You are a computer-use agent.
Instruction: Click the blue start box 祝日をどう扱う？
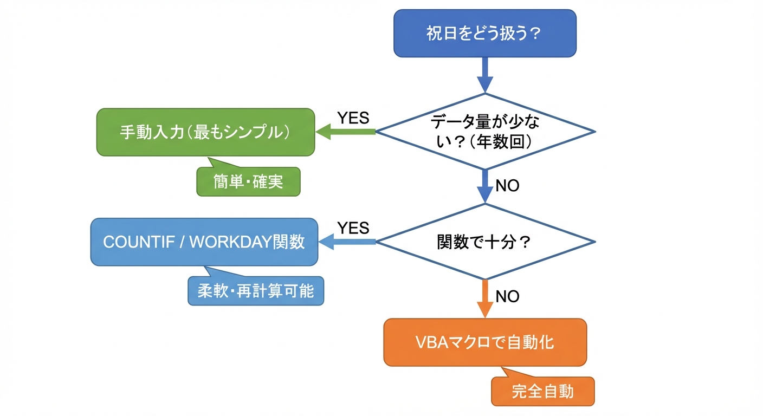[x=484, y=34]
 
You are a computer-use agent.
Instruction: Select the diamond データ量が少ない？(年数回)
[x=486, y=132]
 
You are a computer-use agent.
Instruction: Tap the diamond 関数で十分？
[x=486, y=242]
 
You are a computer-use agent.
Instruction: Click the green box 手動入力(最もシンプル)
[x=205, y=133]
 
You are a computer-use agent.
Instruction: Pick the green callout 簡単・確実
[x=248, y=181]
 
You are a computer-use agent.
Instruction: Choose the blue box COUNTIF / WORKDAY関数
[x=204, y=242]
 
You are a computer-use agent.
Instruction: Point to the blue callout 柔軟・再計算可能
[x=256, y=291]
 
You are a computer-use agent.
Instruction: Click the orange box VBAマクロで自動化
[x=485, y=342]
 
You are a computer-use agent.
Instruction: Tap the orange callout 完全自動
[x=542, y=391]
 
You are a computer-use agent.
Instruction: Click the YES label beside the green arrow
[x=353, y=118]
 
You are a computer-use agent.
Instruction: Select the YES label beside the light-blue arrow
[x=353, y=228]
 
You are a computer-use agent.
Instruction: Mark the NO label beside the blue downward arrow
[x=507, y=186]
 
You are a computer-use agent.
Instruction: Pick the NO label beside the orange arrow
[x=507, y=296]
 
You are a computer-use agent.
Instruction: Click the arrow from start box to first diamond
[x=485, y=74]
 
